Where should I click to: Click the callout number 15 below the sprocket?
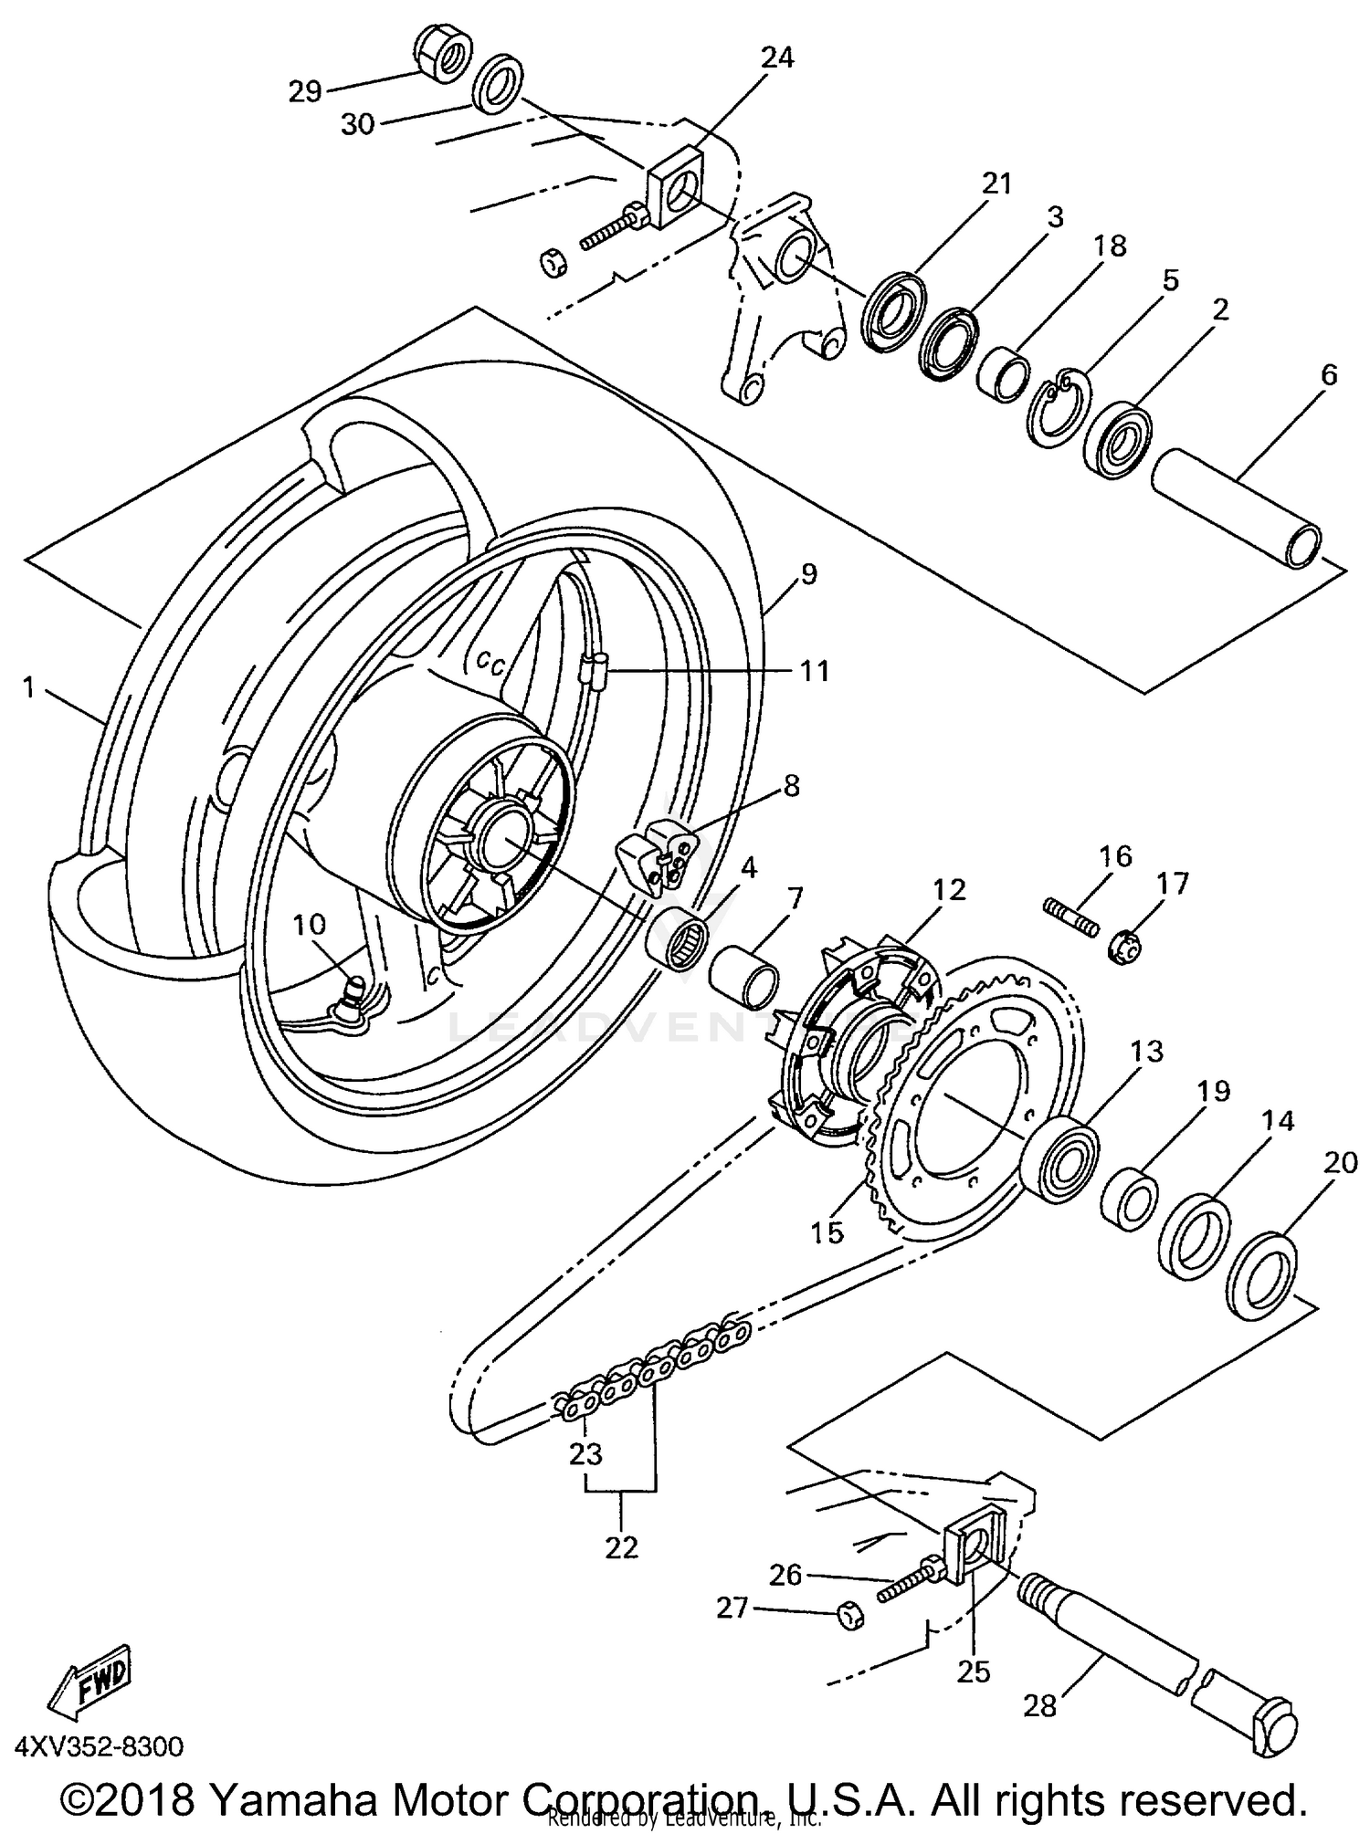click(x=827, y=1231)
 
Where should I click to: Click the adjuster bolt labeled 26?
click(x=908, y=1589)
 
